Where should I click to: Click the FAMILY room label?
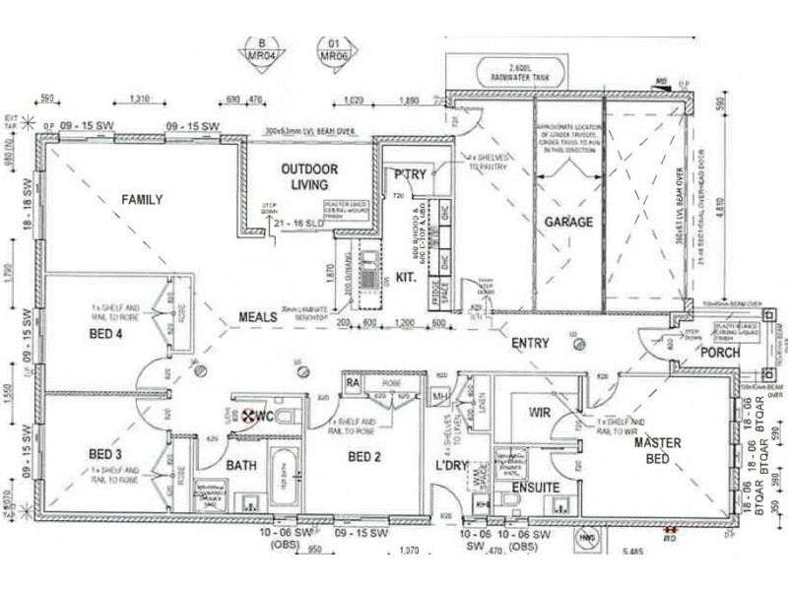141,200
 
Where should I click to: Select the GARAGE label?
569,223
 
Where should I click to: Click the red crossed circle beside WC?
236,418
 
